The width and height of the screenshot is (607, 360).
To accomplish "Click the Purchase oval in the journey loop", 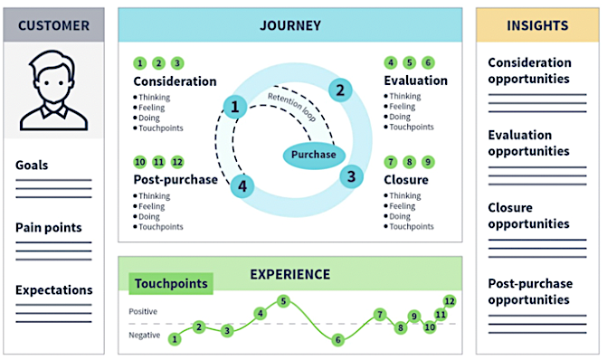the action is click(x=314, y=155).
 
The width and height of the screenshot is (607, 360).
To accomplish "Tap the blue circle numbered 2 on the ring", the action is click(x=340, y=90).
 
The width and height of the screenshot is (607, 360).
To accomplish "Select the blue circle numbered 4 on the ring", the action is click(x=242, y=186).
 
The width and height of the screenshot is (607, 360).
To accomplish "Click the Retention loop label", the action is click(x=292, y=107).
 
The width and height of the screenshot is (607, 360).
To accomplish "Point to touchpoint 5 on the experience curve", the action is click(x=283, y=301).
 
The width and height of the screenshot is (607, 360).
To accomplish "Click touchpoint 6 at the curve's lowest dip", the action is click(x=337, y=340).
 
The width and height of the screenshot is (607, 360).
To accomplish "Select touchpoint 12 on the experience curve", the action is click(x=449, y=301).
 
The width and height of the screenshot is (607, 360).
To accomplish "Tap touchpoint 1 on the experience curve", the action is click(x=175, y=339).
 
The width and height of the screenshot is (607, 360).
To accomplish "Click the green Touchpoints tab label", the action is click(x=171, y=284).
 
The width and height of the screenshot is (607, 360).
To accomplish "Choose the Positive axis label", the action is click(x=143, y=312).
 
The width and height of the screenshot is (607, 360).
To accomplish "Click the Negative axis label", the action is click(x=145, y=336).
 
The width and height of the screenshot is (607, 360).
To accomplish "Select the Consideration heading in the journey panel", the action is click(x=175, y=81).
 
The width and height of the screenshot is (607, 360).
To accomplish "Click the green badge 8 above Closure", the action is click(x=409, y=162).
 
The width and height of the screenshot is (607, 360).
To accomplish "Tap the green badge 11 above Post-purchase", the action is click(x=158, y=162).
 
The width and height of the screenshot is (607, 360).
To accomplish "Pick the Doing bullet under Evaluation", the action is click(x=397, y=117).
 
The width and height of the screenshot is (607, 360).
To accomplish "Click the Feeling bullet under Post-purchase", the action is click(x=149, y=206).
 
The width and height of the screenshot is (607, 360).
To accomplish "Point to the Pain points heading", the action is click(x=48, y=228).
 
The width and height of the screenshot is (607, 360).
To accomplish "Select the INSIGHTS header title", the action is click(x=537, y=25).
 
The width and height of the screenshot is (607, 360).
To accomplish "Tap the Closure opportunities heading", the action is click(x=528, y=215).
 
